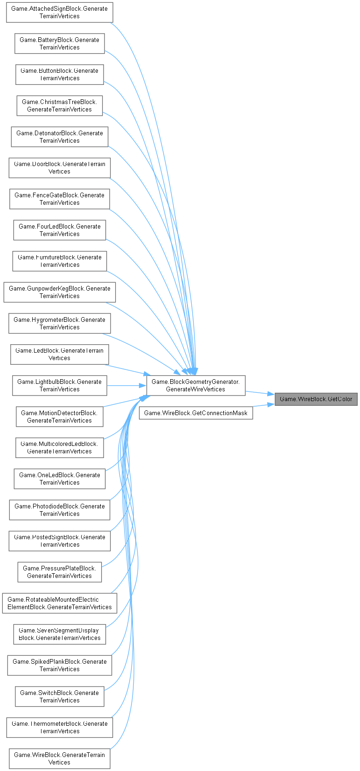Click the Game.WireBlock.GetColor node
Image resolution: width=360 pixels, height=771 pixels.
pyautogui.click(x=316, y=399)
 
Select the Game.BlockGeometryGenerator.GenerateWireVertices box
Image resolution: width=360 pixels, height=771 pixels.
pyautogui.click(x=196, y=386)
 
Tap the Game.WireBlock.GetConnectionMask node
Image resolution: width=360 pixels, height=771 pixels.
pyautogui.click(x=196, y=413)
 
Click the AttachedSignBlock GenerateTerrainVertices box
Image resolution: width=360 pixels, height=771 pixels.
pyautogui.click(x=59, y=13)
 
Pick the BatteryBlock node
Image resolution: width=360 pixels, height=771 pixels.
pyautogui.click(x=59, y=43)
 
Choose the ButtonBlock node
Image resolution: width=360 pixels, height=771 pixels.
pyautogui.click(x=59, y=75)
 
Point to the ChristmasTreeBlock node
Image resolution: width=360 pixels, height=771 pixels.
pyautogui.click(x=59, y=106)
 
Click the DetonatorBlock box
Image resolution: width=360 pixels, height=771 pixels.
pyautogui.click(x=59, y=137)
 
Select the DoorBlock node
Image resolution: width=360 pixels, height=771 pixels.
pyautogui.click(x=59, y=168)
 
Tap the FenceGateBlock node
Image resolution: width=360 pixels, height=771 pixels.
pyautogui.click(x=59, y=199)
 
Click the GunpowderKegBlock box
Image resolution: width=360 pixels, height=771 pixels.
pyautogui.click(x=59, y=292)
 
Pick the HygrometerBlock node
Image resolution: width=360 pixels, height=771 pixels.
pyautogui.click(x=59, y=323)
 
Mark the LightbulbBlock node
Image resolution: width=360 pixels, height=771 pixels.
pyautogui.click(x=59, y=386)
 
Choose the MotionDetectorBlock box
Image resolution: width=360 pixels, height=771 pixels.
pyautogui.click(x=59, y=417)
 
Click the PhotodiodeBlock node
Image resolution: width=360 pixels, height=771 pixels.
pyautogui.click(x=59, y=510)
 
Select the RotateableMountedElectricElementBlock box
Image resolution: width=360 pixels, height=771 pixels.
pyautogui.click(x=59, y=603)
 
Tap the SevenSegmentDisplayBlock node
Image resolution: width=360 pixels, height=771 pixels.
pyautogui.click(x=59, y=634)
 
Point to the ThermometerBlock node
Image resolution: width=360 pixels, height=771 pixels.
pyautogui.click(x=59, y=728)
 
